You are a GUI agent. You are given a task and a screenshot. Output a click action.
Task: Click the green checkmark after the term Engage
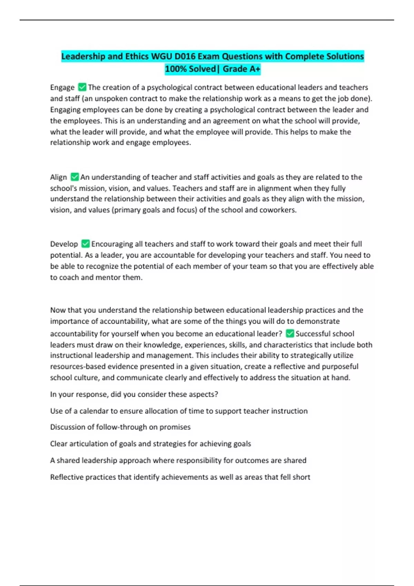pyautogui.click(x=82, y=87)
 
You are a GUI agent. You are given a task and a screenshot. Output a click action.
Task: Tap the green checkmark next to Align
pyautogui.click(x=75, y=177)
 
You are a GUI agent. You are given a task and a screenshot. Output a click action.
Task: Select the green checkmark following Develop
pyautogui.click(x=86, y=244)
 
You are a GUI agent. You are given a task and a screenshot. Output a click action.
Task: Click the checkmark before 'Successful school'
pyautogui.click(x=290, y=333)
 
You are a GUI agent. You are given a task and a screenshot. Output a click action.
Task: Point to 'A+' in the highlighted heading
pyautogui.click(x=254, y=69)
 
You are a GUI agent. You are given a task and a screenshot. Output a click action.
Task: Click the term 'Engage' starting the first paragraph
pyautogui.click(x=62, y=88)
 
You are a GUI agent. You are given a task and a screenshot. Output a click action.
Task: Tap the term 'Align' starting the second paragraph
pyautogui.click(x=58, y=177)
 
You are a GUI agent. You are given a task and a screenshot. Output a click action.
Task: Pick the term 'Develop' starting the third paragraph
pyautogui.click(x=64, y=244)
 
